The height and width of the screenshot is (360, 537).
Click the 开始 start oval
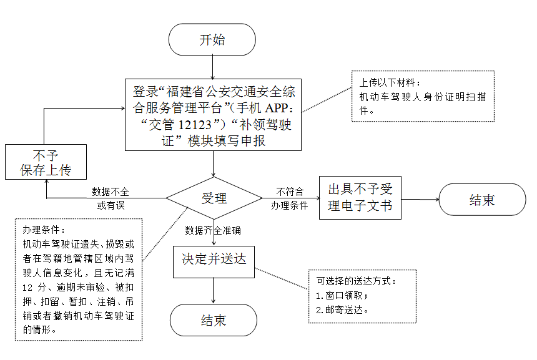[x=212, y=40]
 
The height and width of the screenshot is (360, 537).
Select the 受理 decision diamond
[x=214, y=198]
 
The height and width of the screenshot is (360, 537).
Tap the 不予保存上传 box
[x=45, y=163]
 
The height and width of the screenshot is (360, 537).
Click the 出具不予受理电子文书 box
[x=360, y=198]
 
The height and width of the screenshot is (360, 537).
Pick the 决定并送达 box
[x=214, y=260]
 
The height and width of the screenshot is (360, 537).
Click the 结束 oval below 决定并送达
[x=214, y=321]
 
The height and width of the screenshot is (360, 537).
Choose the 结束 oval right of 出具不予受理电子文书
[x=482, y=200]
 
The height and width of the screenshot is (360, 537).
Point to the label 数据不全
[x=111, y=192]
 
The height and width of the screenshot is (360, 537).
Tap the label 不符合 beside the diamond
[x=289, y=192]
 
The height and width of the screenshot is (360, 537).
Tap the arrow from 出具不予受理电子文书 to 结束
[x=420, y=200]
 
